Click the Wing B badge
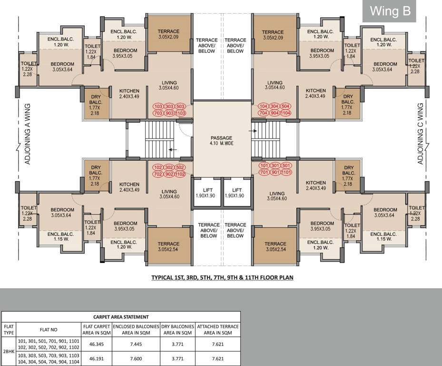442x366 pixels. pyautogui.click(x=390, y=11)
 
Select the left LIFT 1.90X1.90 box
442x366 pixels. pyautogui.click(x=206, y=192)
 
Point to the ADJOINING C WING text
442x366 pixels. pyautogui.click(x=420, y=134)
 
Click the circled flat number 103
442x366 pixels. pyautogui.click(x=157, y=106)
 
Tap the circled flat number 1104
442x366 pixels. pyautogui.click(x=285, y=113)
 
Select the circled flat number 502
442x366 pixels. pyautogui.click(x=180, y=168)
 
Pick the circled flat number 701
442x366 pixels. pyautogui.click(x=263, y=173)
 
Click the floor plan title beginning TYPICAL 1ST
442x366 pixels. pyautogui.click(x=222, y=277)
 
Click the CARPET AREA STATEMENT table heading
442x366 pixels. pyautogui.click(x=121, y=316)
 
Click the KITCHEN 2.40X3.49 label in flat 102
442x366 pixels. pyautogui.click(x=129, y=187)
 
